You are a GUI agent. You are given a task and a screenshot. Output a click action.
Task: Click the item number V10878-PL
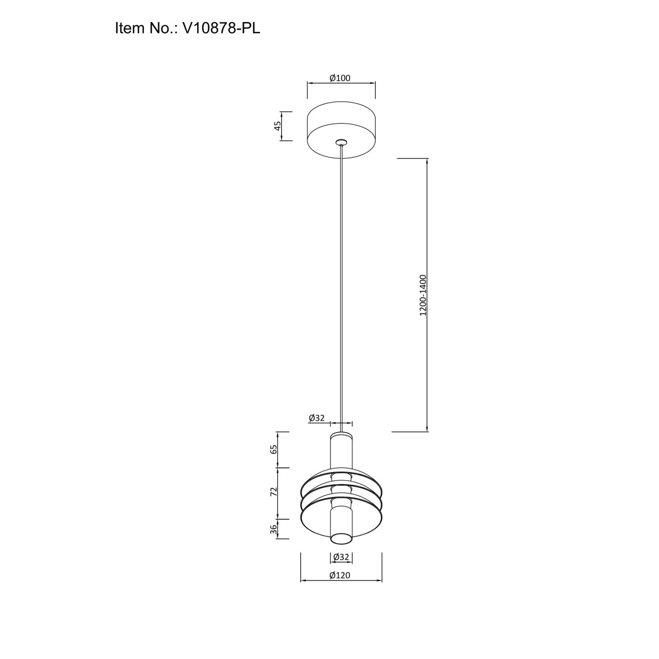coord(221,28)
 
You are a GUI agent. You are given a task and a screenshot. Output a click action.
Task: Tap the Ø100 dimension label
coord(340,79)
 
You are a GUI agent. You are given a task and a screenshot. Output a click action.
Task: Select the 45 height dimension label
coord(278,126)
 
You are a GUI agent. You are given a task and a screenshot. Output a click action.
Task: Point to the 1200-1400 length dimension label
coord(423,295)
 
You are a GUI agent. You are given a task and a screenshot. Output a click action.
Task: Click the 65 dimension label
coord(274,450)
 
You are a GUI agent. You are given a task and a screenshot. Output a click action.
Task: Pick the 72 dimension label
coord(274,492)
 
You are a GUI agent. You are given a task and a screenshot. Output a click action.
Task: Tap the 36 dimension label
coord(274,529)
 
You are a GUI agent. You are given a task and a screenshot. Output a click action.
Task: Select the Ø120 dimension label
coord(340,576)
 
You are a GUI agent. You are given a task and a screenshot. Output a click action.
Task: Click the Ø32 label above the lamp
coord(316,418)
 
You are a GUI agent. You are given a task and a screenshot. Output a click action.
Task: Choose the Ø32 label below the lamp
coord(341,557)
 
